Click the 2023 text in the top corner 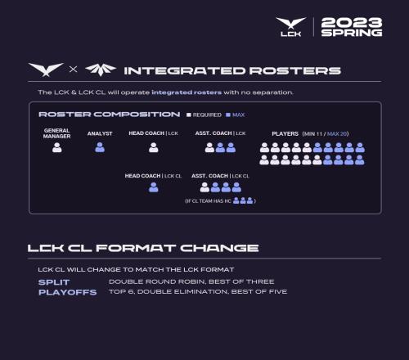[352, 23]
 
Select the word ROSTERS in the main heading [295, 71]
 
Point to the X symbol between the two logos [73, 70]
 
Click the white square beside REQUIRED [189, 115]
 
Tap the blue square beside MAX [228, 115]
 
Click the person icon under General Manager [57, 147]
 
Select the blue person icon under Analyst [100, 147]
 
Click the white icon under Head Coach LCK [154, 147]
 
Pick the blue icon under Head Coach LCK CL [154, 187]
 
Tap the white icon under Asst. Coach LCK [209, 147]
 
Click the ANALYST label [100, 133]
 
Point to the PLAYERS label [285, 134]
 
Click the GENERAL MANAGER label [56, 133]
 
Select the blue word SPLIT [54, 282]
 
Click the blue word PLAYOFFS [68, 292]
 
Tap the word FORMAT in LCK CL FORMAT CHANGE [136, 248]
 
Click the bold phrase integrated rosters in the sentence [187, 92]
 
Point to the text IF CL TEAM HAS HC [208, 201]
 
